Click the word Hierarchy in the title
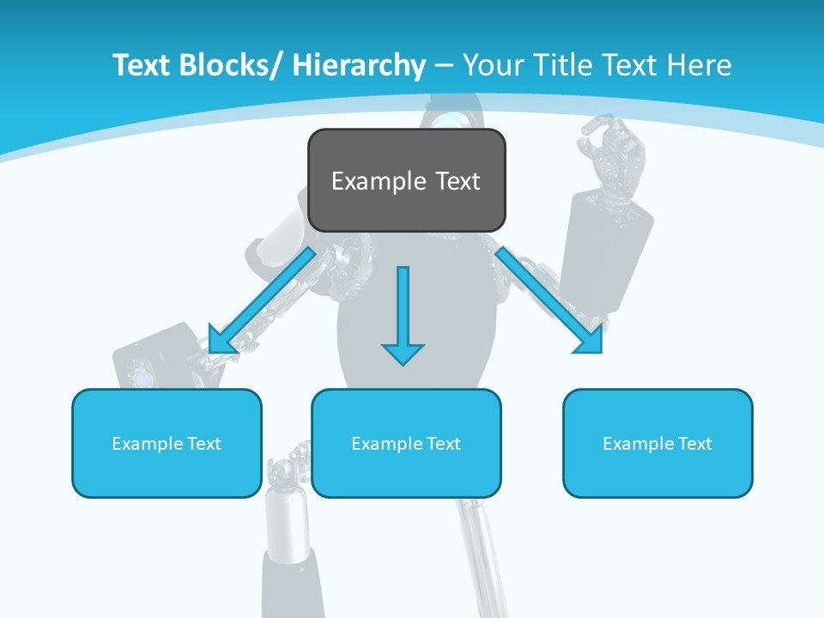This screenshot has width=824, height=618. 358,65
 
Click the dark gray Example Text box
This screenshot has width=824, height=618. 406,180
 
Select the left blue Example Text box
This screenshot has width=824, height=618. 167,443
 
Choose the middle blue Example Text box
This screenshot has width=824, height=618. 406,443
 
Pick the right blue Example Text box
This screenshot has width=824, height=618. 657,443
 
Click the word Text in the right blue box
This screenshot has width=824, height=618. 694,444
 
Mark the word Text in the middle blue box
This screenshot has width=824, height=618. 442,444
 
